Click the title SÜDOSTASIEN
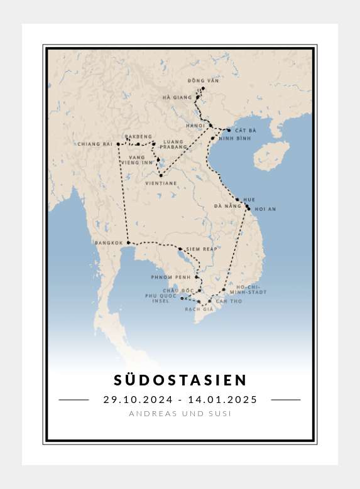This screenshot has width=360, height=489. [180, 380]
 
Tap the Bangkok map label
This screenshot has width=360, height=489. [108, 243]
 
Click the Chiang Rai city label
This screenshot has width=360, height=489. [94, 144]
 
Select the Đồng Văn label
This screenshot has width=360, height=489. [203, 81]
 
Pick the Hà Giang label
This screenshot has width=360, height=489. [177, 97]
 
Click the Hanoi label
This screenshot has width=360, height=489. [195, 126]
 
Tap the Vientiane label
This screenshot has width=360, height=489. [160, 183]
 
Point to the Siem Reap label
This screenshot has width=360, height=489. [201, 249]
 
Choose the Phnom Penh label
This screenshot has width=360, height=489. [171, 277]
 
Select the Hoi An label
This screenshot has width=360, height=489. [265, 209]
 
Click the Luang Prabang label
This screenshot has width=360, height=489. [173, 144]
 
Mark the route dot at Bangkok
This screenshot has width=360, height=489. [128, 242]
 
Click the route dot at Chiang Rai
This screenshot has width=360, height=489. [118, 144]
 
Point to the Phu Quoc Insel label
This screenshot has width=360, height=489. [158, 298]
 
